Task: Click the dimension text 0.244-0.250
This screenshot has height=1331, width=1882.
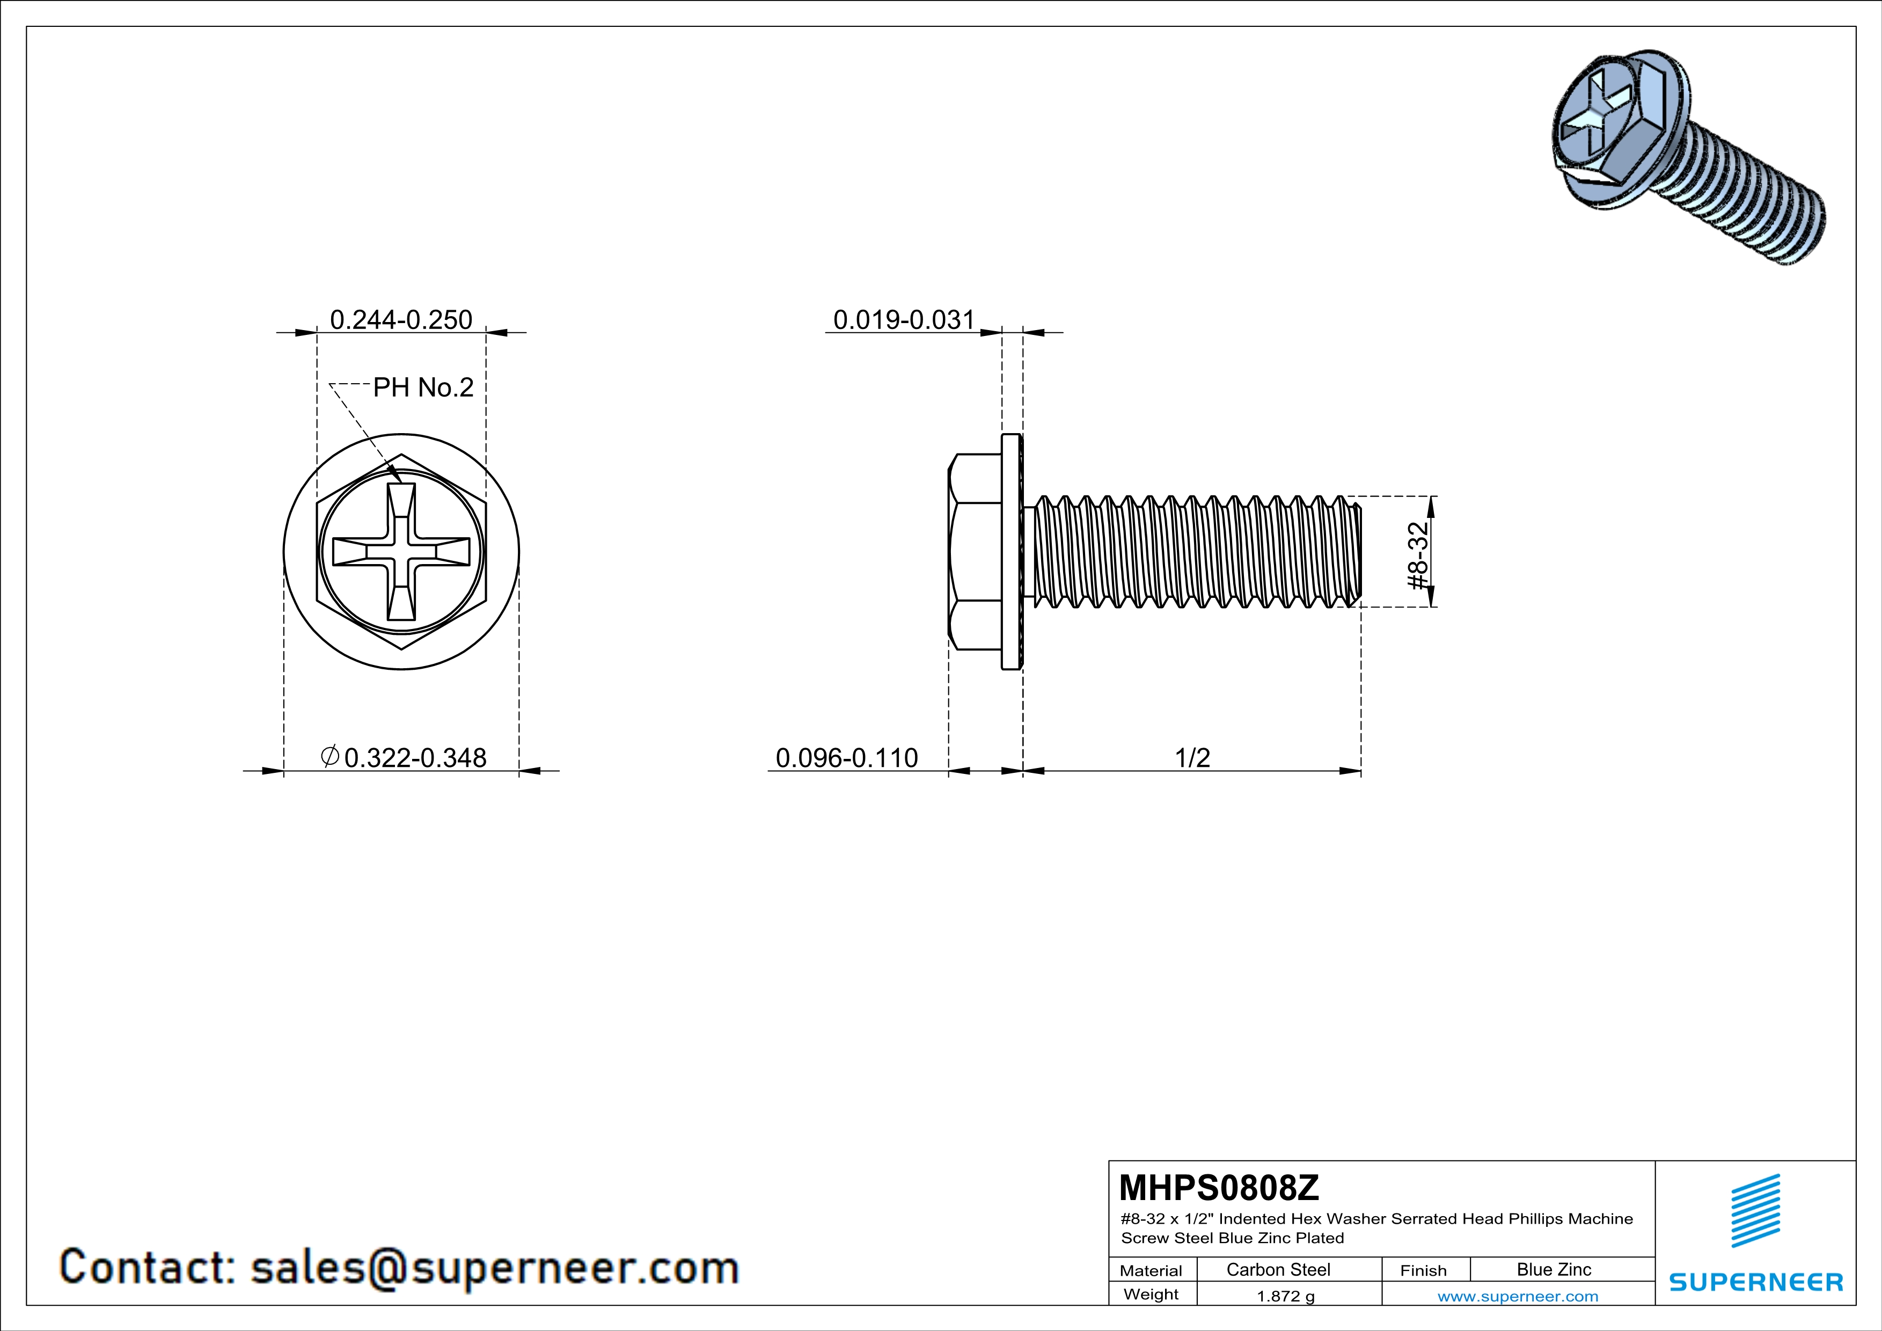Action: (401, 320)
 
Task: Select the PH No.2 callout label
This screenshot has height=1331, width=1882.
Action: (423, 387)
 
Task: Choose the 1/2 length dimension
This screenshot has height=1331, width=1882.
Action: (1192, 757)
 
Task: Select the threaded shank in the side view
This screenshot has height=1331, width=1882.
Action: (1192, 552)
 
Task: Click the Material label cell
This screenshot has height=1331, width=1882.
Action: (1151, 1270)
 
